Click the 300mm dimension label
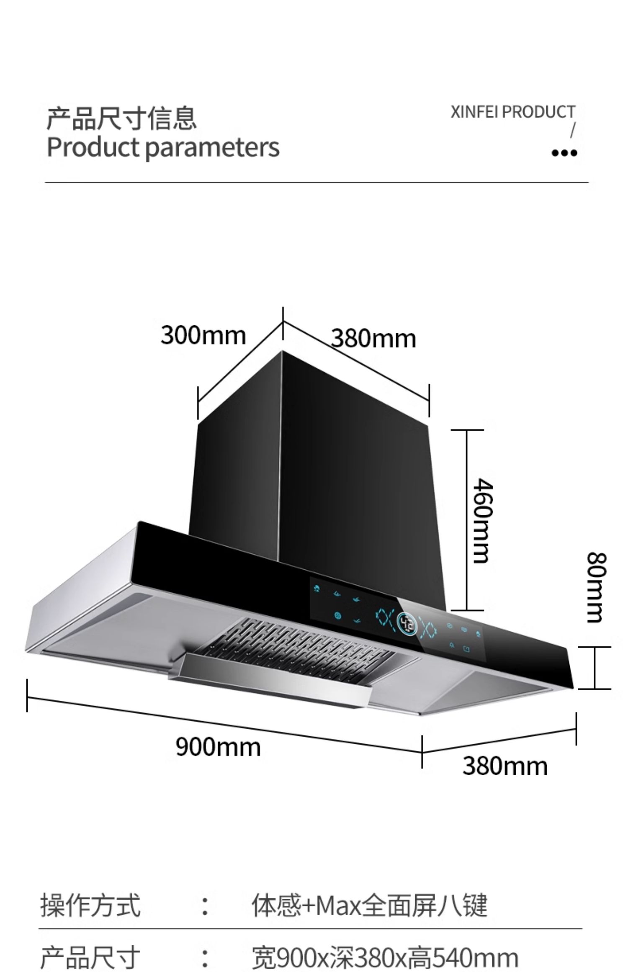click(x=203, y=336)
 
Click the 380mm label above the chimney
click(x=373, y=339)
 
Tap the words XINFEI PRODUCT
click(x=513, y=112)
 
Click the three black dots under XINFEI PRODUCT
click(x=564, y=153)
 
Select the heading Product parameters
click(x=163, y=147)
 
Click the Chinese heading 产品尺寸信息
click(x=121, y=118)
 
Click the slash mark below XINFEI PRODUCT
click(x=573, y=130)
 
